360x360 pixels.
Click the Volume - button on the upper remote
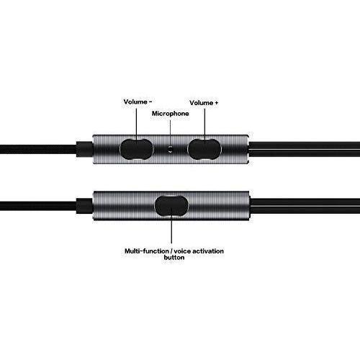click(x=136, y=149)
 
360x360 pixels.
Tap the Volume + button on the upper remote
click(x=204, y=149)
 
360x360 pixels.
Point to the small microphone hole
click(x=170, y=149)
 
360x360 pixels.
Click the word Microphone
click(x=171, y=114)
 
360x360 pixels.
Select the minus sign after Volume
click(x=150, y=102)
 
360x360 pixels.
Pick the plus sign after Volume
click(x=217, y=103)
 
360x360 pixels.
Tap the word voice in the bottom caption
click(x=182, y=251)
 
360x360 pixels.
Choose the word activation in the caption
click(x=208, y=251)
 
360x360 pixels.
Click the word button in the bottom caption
click(x=174, y=258)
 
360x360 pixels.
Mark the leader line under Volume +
click(x=204, y=126)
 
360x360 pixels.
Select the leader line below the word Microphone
click(x=171, y=133)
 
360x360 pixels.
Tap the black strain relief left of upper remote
click(x=84, y=149)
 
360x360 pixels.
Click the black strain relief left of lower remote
click(x=84, y=206)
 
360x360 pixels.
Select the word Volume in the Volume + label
click(x=202, y=103)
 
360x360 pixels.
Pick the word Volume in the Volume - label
click(x=135, y=102)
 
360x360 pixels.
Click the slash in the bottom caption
click(x=171, y=251)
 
